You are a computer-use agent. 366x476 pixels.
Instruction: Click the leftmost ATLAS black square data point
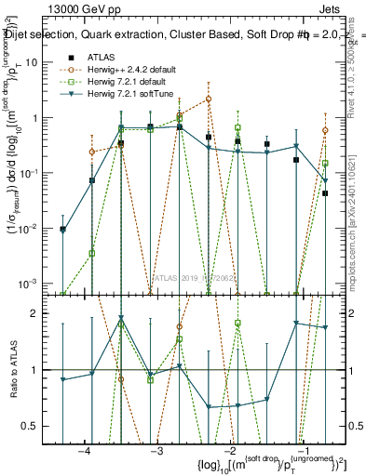click(62, 229)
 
